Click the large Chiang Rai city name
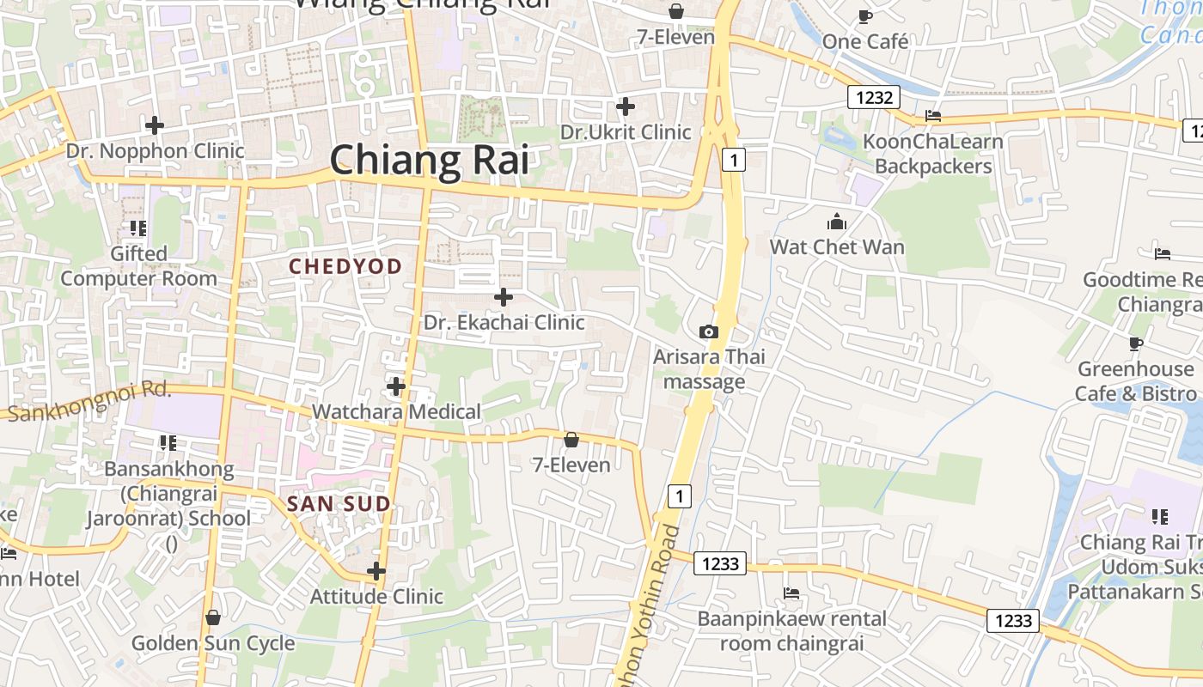pos(429,161)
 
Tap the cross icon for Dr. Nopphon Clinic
pos(155,125)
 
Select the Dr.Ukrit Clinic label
pos(626,132)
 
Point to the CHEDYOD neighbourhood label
pos(345,266)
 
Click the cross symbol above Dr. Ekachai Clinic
pos(504,297)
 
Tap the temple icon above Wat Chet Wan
pos(837,222)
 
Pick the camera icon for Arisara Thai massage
pos(709,331)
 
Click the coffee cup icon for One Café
pos(865,16)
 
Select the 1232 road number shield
pos(874,97)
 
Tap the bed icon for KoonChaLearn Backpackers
pos(933,116)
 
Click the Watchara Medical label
pos(396,412)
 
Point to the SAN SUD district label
pos(339,504)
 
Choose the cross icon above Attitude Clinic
pos(376,571)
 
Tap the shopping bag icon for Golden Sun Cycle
pos(213,617)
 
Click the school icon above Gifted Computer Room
pos(138,228)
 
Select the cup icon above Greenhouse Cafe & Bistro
pos(1136,343)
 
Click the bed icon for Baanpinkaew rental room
pos(791,593)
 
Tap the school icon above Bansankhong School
pos(168,443)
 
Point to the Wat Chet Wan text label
pos(837,247)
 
